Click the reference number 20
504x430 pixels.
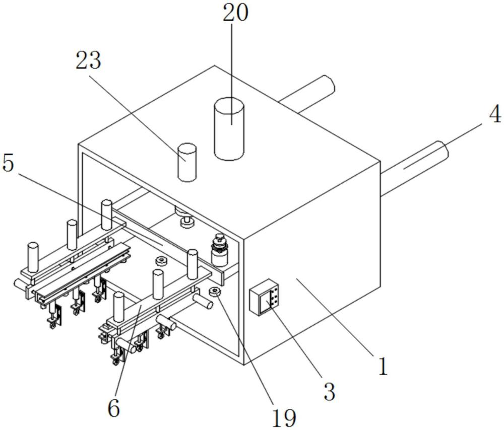[x=235, y=13]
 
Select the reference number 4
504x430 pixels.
[x=495, y=114]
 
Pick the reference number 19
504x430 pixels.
[x=284, y=417]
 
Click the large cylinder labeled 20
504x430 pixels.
[x=229, y=129]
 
